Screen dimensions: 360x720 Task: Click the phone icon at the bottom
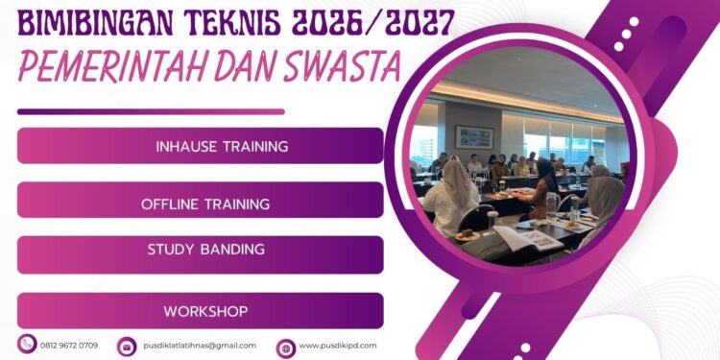(26, 344)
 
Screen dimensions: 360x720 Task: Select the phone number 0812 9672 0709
(69, 345)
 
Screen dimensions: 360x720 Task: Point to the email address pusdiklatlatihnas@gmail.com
(200, 346)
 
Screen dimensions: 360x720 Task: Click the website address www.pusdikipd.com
(338, 346)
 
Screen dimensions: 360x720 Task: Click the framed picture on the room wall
(473, 136)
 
